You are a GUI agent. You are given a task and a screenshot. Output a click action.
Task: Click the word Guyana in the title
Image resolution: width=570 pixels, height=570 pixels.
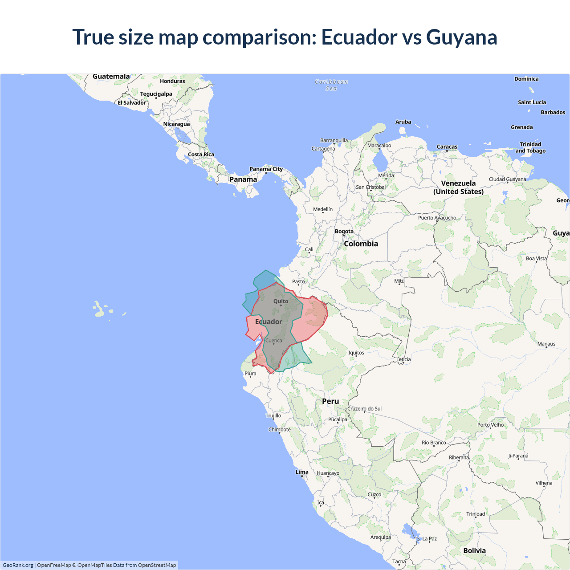click(x=461, y=37)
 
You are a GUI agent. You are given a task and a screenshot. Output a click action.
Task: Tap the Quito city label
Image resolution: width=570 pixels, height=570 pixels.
click(x=281, y=301)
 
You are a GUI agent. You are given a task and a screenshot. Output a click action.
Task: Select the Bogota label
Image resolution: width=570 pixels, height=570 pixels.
click(x=344, y=232)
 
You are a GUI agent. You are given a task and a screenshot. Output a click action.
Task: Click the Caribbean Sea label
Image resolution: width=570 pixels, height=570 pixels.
click(x=331, y=85)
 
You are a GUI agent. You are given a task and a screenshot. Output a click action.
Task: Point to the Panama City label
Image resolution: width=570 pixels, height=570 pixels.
click(x=266, y=169)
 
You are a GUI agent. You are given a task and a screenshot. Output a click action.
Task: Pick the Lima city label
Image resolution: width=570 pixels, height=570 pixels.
click(x=302, y=472)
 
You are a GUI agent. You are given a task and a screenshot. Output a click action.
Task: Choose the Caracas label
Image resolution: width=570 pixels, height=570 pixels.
click(x=447, y=147)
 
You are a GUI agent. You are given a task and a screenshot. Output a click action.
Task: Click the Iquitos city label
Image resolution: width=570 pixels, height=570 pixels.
click(x=356, y=353)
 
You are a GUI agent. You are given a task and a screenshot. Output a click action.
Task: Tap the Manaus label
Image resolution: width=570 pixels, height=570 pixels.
click(x=546, y=344)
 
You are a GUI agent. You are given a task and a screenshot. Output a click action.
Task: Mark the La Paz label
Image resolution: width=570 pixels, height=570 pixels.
click(x=429, y=539)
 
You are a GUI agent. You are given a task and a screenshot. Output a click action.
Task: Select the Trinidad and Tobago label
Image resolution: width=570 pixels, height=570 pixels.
click(x=530, y=147)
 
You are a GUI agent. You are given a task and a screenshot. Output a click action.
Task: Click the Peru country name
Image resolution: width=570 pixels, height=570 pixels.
click(x=330, y=401)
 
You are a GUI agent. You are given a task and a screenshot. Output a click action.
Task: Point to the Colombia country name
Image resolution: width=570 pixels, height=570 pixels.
click(x=361, y=244)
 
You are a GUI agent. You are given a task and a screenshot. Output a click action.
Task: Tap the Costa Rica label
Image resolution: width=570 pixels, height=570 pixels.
click(x=201, y=155)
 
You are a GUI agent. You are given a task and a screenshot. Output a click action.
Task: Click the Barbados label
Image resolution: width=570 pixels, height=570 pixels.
click(x=553, y=113)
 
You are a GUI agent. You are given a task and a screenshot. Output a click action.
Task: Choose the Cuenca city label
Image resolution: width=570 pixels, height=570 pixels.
click(x=273, y=341)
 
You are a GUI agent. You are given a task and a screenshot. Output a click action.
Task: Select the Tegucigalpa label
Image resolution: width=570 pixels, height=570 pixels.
click(x=156, y=94)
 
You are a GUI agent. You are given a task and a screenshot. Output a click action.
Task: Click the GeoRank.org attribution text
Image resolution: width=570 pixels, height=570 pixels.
click(x=18, y=565)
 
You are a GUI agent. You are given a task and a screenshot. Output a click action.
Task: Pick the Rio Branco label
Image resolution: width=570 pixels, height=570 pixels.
click(x=434, y=443)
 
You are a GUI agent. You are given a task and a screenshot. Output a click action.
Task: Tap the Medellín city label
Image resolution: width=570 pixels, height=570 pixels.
click(x=322, y=209)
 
